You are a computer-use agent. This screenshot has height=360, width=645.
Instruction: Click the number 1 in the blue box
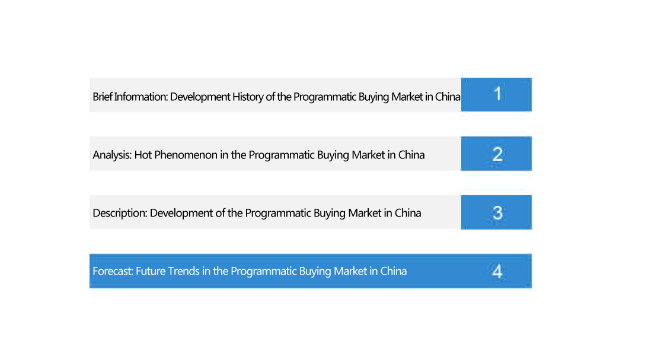click(498, 94)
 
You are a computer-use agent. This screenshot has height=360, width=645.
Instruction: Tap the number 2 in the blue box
click(498, 154)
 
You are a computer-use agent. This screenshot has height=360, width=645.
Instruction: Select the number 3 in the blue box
click(498, 213)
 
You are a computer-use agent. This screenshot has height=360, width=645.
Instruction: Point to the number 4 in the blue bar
click(498, 271)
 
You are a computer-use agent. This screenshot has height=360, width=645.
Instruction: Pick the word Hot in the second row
click(143, 155)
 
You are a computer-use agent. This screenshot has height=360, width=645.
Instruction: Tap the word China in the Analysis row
click(411, 155)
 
